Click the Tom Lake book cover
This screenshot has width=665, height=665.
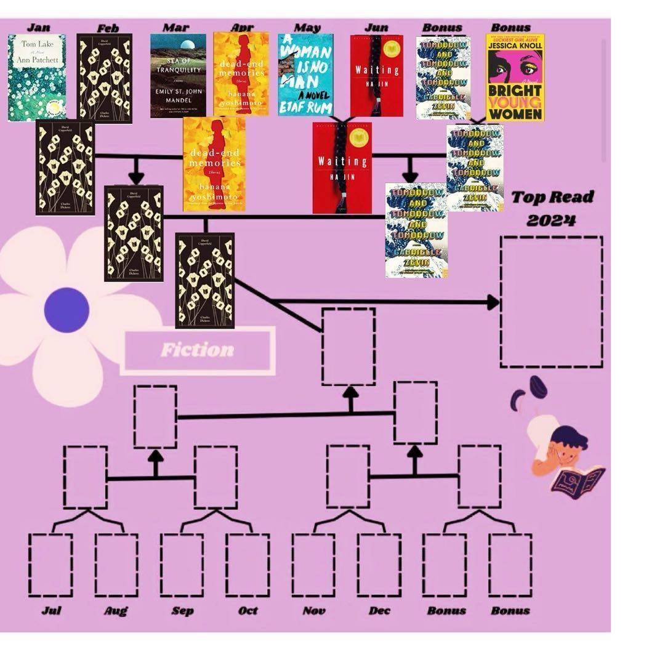click(x=37, y=78)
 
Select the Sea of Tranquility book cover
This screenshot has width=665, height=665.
click(x=178, y=75)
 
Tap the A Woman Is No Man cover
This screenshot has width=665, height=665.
click(x=305, y=75)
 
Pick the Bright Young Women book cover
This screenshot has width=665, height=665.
click(x=515, y=78)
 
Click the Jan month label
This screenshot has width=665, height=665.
click(x=38, y=27)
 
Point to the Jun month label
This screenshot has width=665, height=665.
click(x=376, y=27)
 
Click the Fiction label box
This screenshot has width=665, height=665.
click(x=198, y=350)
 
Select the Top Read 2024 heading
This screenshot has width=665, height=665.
click(x=552, y=208)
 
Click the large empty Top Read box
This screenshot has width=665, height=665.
click(x=551, y=302)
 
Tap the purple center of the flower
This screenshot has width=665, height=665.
click(x=66, y=310)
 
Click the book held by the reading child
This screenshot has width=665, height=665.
click(x=577, y=481)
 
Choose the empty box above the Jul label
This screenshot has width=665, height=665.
click(x=50, y=565)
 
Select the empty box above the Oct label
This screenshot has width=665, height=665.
click(x=248, y=565)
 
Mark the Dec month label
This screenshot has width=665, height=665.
click(x=379, y=611)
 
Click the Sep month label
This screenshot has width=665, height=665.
click(x=182, y=611)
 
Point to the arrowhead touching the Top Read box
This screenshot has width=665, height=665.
click(x=493, y=302)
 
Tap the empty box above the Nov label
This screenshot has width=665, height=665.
click(x=313, y=565)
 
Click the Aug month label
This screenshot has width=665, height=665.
click(x=116, y=611)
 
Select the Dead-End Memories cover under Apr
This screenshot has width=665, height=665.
click(x=241, y=74)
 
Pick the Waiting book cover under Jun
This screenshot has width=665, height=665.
click(x=377, y=75)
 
